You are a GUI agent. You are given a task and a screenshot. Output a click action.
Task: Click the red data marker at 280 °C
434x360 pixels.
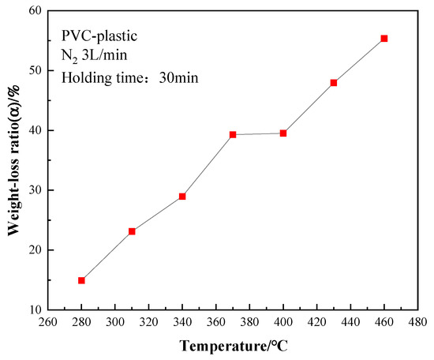(x=81, y=280)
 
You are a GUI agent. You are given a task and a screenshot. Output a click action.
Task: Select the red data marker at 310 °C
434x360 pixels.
(x=132, y=231)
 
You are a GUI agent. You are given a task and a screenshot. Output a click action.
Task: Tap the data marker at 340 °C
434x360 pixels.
(x=182, y=196)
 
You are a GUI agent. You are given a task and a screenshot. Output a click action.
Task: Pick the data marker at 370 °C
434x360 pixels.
(x=233, y=134)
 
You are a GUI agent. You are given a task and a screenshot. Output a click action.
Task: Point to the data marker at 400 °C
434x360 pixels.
(x=283, y=133)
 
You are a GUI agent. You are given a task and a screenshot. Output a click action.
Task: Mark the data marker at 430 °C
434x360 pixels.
(x=334, y=83)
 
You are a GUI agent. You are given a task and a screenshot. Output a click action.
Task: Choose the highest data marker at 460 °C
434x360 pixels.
(x=384, y=38)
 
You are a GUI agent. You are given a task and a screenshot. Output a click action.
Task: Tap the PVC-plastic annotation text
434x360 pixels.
(x=99, y=36)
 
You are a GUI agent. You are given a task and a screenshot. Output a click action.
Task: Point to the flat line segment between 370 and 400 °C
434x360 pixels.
(x=258, y=134)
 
